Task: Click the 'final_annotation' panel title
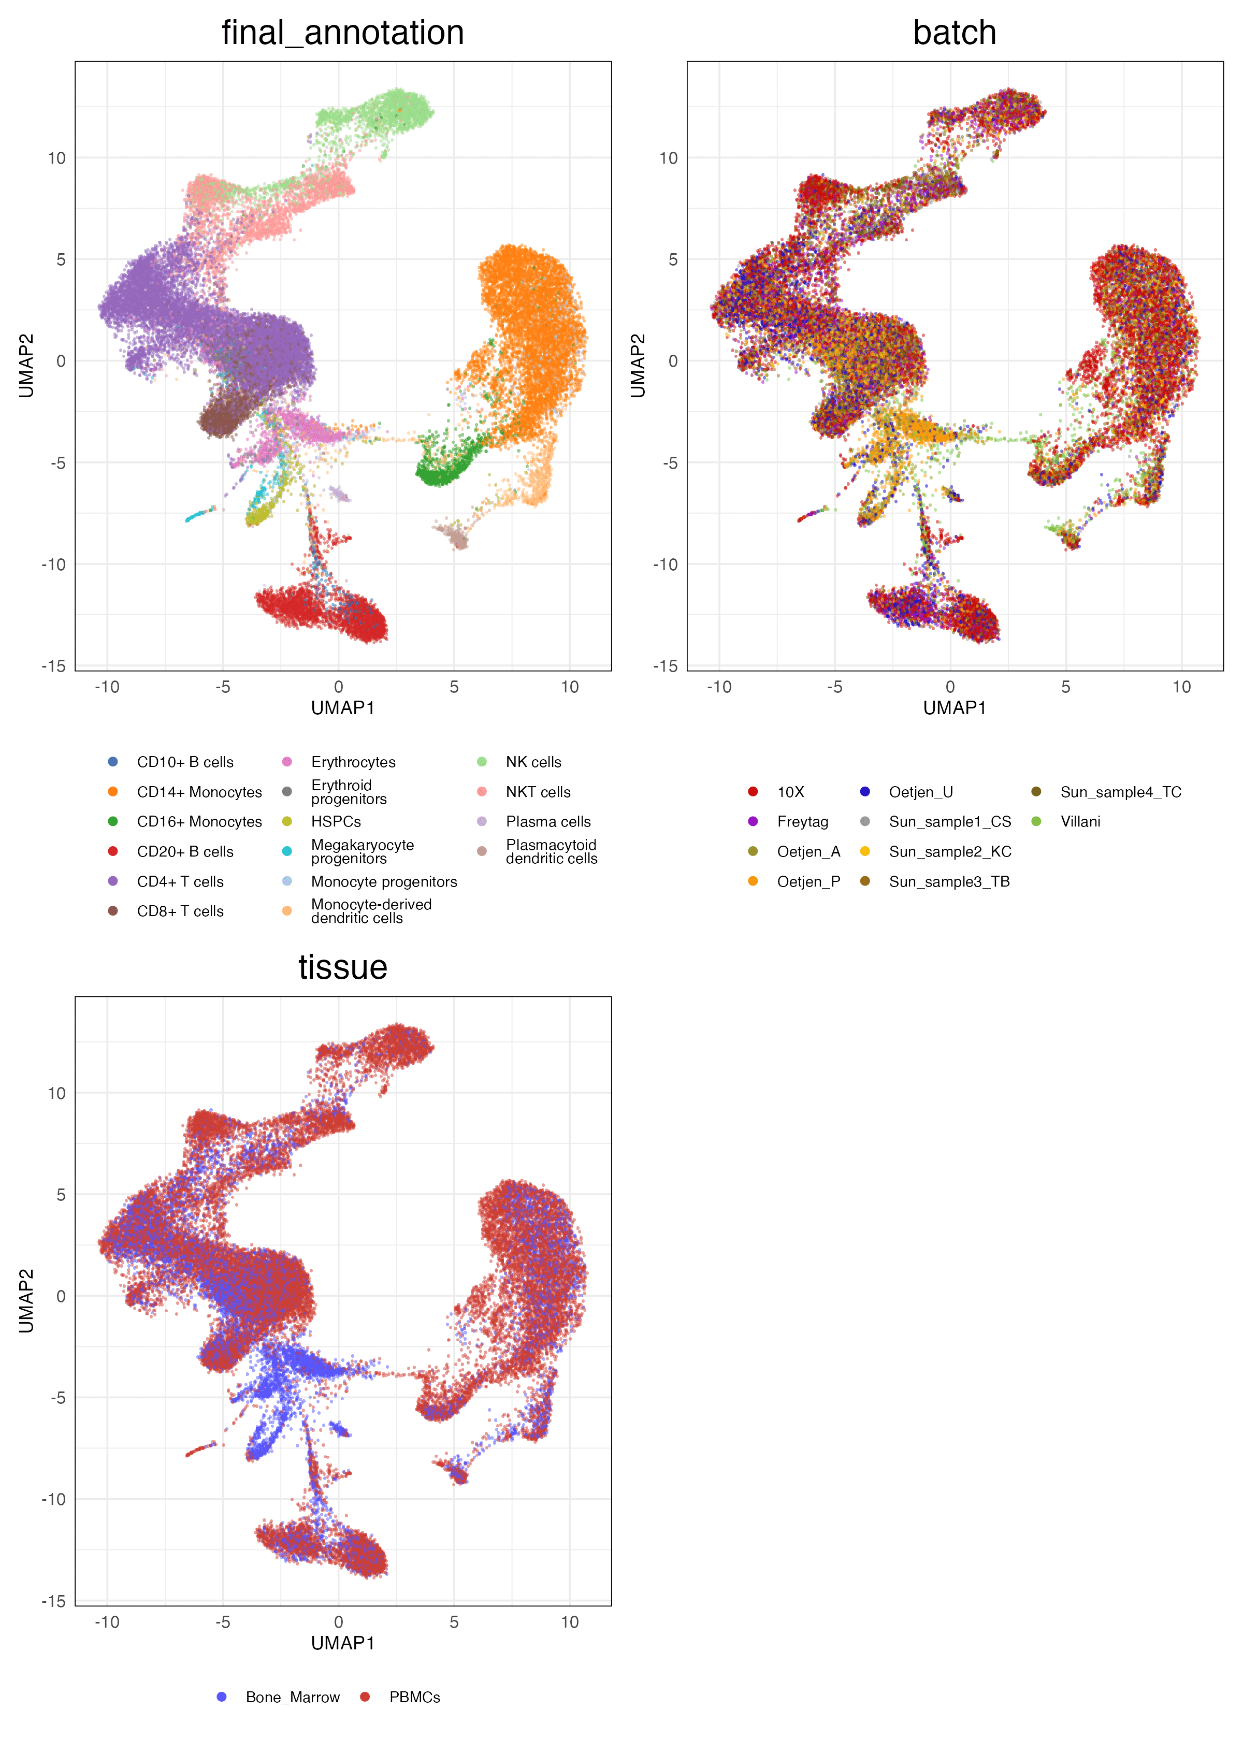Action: (x=342, y=33)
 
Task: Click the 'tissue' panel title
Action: (x=342, y=967)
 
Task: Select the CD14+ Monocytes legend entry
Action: (x=198, y=792)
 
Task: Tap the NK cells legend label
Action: (x=533, y=762)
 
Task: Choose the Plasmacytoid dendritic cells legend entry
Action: (x=551, y=852)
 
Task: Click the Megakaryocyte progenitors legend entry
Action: (x=362, y=852)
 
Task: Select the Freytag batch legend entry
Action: (x=802, y=822)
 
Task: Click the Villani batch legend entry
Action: (x=1080, y=822)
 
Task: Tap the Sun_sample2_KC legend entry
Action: (x=949, y=852)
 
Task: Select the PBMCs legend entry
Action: (x=414, y=1697)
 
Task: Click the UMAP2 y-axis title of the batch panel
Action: (x=638, y=365)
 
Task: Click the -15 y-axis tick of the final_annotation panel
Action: (x=53, y=665)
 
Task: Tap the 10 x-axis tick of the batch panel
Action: (x=1181, y=687)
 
